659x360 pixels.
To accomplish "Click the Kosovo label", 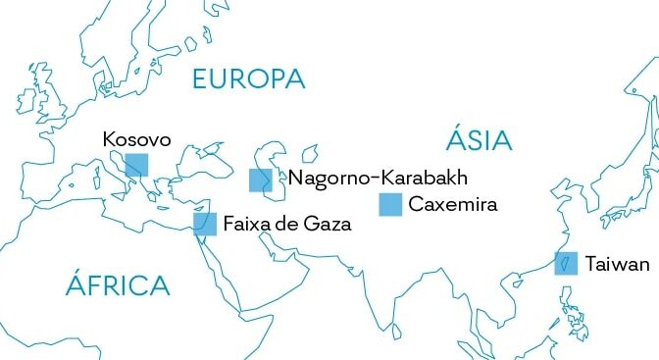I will pyautogui.click(x=136, y=140).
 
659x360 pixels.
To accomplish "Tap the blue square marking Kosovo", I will pyautogui.click(x=136, y=165).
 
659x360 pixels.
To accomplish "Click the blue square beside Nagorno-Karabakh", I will pyautogui.click(x=260, y=180).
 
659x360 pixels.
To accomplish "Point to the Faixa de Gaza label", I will pyautogui.click(x=286, y=224).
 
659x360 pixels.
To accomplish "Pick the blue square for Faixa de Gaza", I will pyautogui.click(x=205, y=224).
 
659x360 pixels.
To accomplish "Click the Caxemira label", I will pyautogui.click(x=453, y=205).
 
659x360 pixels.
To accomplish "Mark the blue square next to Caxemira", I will pyautogui.click(x=391, y=204).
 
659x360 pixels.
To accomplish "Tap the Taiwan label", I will pyautogui.click(x=617, y=264).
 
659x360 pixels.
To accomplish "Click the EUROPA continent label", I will pyautogui.click(x=249, y=79).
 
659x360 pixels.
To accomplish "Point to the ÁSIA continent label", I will pyautogui.click(x=479, y=140).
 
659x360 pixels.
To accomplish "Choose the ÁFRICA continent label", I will pyautogui.click(x=118, y=285).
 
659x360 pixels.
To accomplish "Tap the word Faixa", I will pyautogui.click(x=246, y=224).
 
